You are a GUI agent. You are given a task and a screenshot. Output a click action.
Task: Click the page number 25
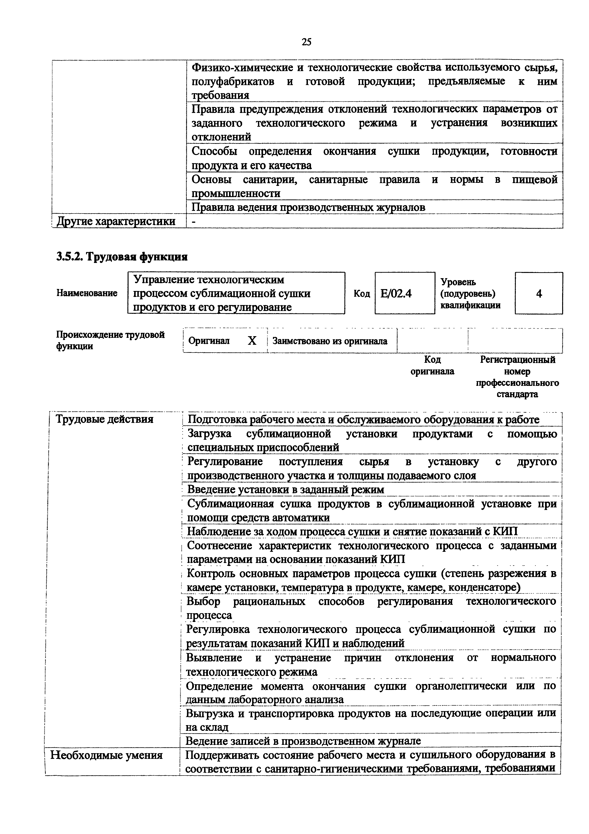click(x=306, y=43)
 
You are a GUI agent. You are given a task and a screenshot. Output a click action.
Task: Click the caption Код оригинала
click(x=432, y=365)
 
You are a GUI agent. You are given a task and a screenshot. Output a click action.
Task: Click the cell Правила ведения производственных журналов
click(x=308, y=207)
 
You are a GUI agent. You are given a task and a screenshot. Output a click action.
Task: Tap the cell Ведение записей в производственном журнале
click(x=303, y=740)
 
